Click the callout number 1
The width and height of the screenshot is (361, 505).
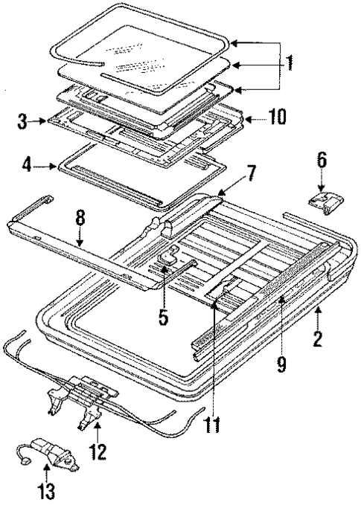(x=289, y=62)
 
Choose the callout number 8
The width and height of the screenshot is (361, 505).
(x=80, y=219)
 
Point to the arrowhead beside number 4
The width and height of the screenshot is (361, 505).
(x=56, y=166)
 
